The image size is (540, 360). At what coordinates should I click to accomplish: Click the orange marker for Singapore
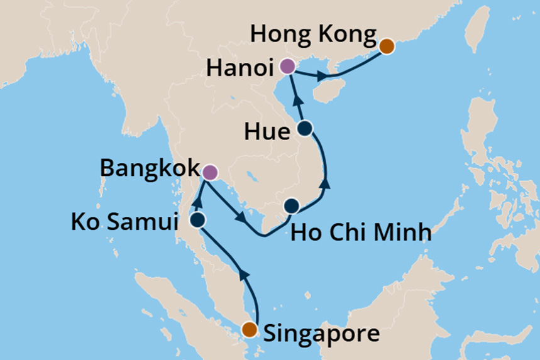(250, 329)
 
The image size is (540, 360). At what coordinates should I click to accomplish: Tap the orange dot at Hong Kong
(387, 45)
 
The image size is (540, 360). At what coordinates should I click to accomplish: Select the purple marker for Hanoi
(287, 66)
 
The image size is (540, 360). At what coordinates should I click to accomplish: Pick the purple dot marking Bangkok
(210, 172)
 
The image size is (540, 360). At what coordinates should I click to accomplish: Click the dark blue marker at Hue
(304, 129)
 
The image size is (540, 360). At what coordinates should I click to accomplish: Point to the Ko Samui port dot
(198, 220)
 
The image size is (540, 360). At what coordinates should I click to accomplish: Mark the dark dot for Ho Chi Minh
(291, 206)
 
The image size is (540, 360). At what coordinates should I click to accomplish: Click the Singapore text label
(321, 332)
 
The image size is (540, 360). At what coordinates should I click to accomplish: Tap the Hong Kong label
(313, 35)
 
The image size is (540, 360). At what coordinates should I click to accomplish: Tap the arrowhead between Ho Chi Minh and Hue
(326, 183)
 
